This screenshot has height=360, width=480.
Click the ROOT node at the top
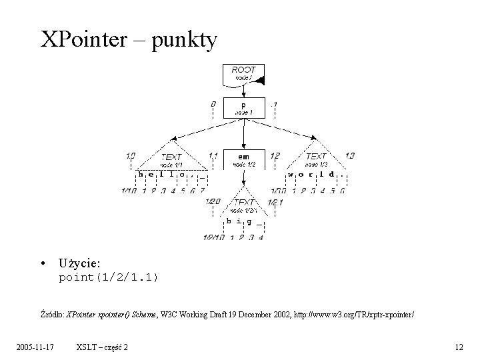point(244,74)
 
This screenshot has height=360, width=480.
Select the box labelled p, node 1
point(243,107)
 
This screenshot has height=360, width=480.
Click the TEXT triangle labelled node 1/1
point(171,159)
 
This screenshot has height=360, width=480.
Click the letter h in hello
point(141,174)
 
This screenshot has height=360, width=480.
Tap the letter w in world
point(291,175)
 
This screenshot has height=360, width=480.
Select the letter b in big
point(229,221)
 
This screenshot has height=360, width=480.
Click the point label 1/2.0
point(213,201)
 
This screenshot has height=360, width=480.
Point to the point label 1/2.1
point(275,201)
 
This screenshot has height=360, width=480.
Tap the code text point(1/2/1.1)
point(109,277)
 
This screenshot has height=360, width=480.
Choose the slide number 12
point(458,347)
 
